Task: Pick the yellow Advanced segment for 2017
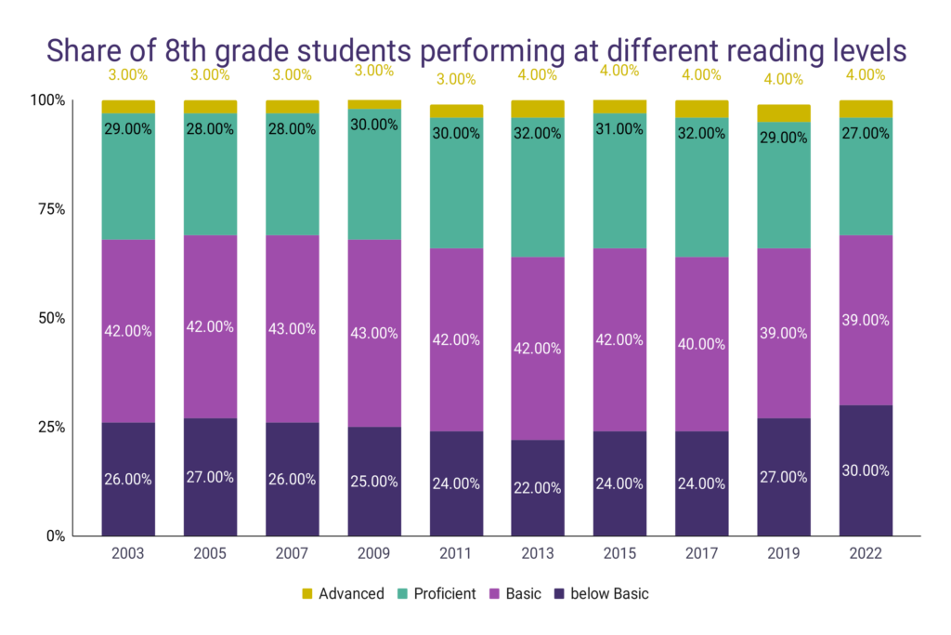(701, 109)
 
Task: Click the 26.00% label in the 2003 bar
(128, 480)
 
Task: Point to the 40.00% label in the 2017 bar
(701, 344)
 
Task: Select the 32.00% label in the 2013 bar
(538, 133)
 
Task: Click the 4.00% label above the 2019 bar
(784, 79)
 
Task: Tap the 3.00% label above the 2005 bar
(210, 73)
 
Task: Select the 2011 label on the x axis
(456, 554)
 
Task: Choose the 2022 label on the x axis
(866, 554)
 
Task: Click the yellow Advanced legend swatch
(307, 594)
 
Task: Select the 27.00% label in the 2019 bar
(784, 477)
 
